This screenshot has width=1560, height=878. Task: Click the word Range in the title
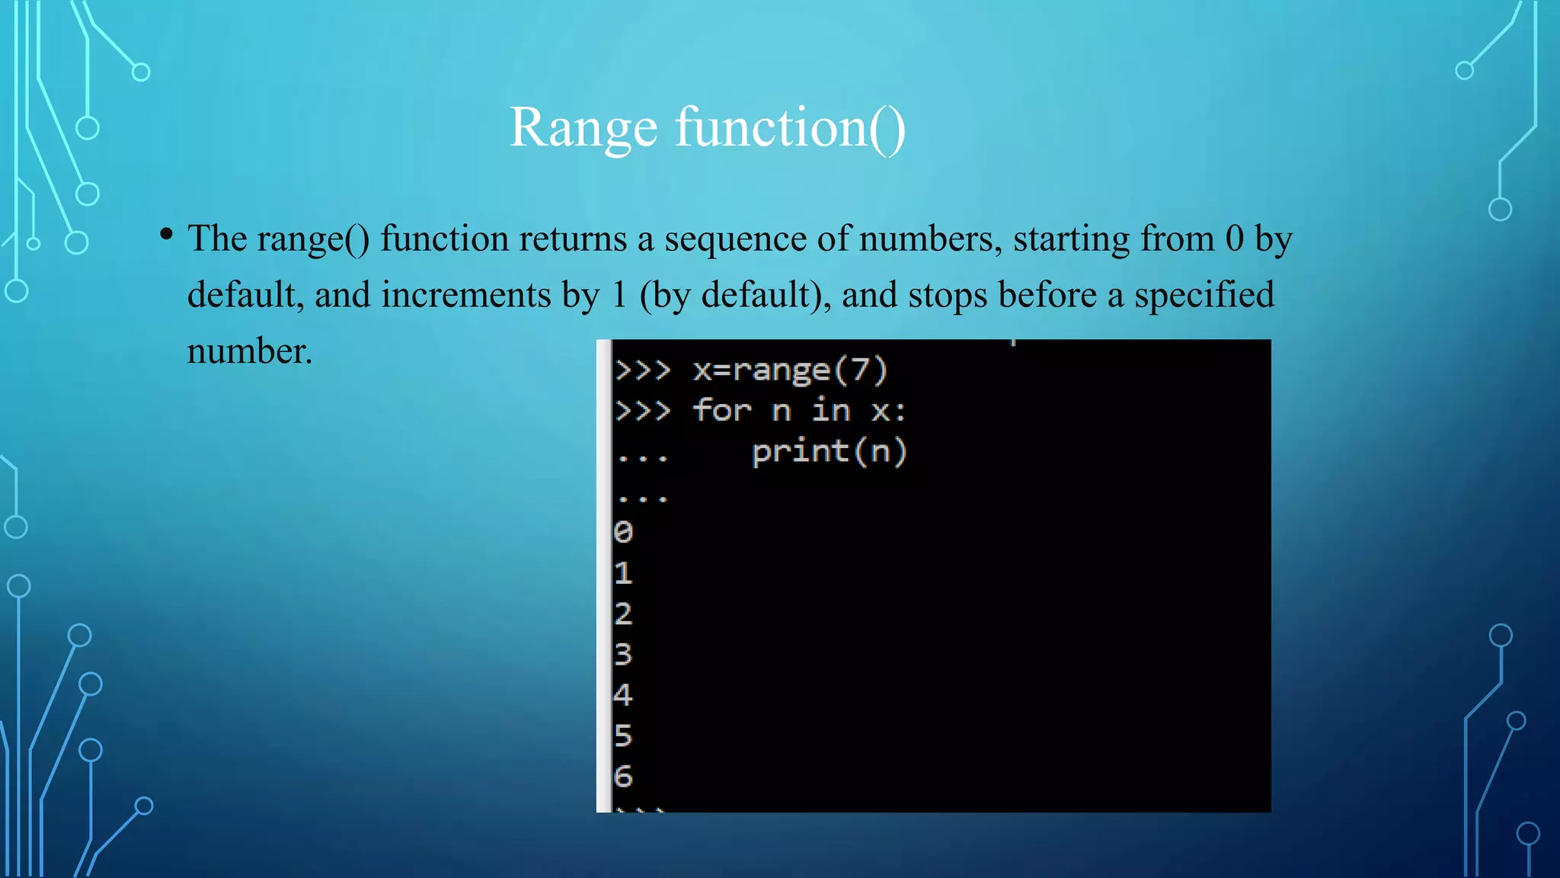tap(583, 127)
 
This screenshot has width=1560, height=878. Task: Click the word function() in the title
tap(790, 127)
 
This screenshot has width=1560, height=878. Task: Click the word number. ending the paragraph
tap(250, 352)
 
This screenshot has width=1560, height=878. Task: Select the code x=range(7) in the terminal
tap(790, 370)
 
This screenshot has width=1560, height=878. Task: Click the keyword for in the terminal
tap(721, 411)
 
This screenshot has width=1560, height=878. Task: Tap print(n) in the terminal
tap(829, 452)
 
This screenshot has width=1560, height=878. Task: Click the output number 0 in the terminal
tap(623, 532)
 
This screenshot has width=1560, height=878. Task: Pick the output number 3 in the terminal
tap(623, 654)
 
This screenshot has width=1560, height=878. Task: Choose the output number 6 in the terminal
tap(623, 777)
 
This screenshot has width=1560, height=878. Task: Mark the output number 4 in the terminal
tap(623, 695)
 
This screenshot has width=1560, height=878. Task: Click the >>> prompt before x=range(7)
tap(642, 370)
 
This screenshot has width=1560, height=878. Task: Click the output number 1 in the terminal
tap(623, 573)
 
